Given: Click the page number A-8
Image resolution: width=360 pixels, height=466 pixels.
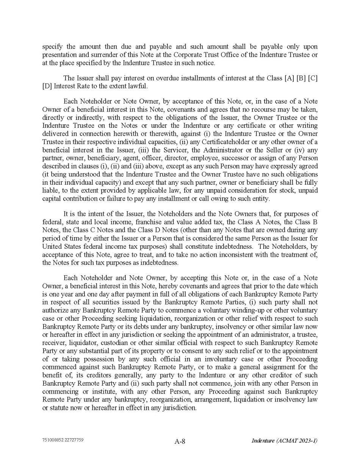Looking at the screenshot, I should click(x=180, y=441).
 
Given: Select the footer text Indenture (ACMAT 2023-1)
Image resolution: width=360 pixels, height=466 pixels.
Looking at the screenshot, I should click(x=284, y=441).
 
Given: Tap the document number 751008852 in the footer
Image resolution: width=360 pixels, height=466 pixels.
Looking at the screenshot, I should click(x=53, y=440).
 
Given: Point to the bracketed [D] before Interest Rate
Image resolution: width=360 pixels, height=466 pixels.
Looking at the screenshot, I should click(x=47, y=86).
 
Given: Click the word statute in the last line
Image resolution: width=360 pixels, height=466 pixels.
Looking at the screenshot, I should click(x=60, y=408).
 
